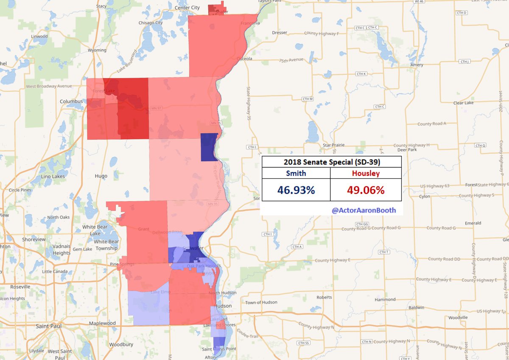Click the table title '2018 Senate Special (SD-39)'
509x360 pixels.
(331, 162)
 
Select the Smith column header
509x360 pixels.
(296, 173)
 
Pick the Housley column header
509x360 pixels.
(366, 173)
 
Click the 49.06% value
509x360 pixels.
(366, 190)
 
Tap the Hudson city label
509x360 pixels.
(224, 306)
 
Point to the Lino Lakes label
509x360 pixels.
(52, 176)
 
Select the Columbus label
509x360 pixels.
(71, 101)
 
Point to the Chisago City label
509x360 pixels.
(151, 22)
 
